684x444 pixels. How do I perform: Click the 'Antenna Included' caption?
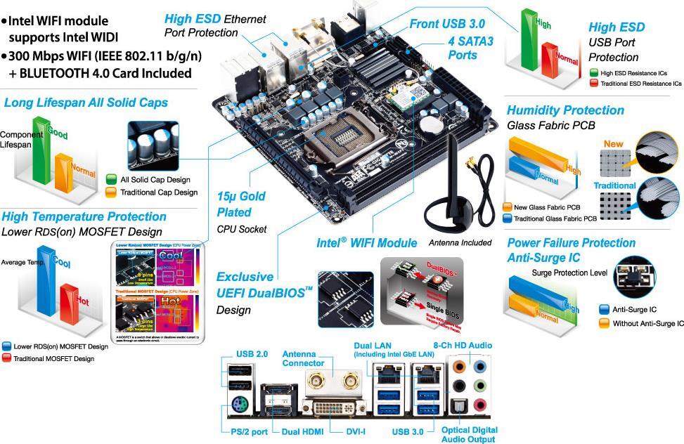460,243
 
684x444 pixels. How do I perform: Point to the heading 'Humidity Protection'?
565,110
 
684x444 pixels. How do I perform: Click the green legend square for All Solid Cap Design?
111,179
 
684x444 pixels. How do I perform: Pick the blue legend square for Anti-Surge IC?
603,309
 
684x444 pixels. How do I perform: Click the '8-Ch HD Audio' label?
463,346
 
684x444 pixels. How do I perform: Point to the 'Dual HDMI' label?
302,431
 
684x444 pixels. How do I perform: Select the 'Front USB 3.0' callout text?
448,24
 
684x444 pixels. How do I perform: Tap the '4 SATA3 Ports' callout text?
470,48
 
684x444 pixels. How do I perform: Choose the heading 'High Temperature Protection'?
84,216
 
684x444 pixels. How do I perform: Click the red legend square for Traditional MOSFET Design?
6,358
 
